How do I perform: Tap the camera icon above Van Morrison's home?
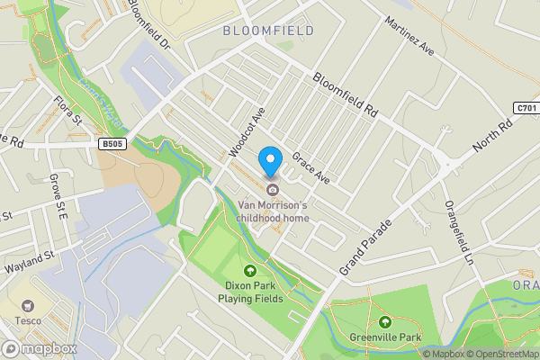[271, 189]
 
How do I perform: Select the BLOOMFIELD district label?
[268, 31]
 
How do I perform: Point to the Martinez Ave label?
[409, 36]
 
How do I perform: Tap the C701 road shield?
[526, 108]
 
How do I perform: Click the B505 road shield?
[112, 143]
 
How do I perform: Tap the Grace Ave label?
[310, 166]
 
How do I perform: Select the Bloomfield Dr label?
[148, 24]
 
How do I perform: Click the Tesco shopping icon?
[28, 306]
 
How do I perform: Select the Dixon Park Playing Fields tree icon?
[251, 271]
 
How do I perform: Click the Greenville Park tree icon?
[385, 322]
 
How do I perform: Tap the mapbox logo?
[39, 348]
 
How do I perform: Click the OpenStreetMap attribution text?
[502, 354]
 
